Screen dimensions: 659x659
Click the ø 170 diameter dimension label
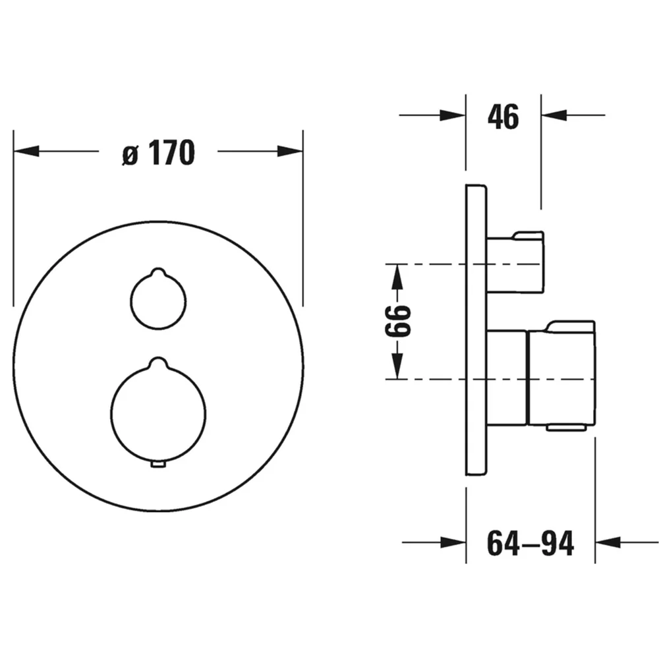coord(158,153)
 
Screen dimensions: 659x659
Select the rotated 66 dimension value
coord(397,322)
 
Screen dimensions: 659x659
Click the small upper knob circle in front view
coord(131,301)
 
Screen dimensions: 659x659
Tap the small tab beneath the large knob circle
coord(158,464)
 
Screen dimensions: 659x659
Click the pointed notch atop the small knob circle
coord(158,271)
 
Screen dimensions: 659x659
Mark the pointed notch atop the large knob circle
coord(158,361)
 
